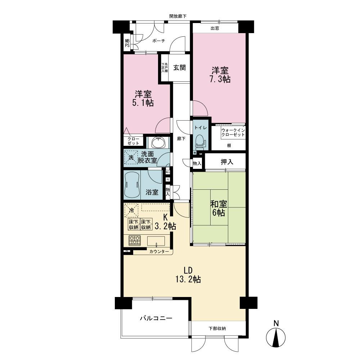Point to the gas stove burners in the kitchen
click(x=135, y=240)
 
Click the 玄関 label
click(x=179, y=68)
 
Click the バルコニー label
click(x=156, y=318)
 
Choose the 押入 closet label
click(x=227, y=162)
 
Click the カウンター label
click(x=159, y=252)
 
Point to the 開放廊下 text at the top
click(x=180, y=16)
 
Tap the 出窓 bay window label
click(x=215, y=28)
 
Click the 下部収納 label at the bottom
click(x=217, y=328)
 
